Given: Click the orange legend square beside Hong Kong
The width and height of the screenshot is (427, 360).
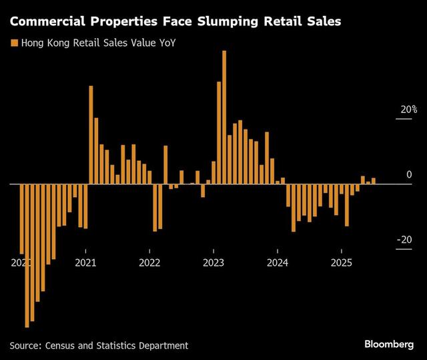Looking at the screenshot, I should [x=13, y=43].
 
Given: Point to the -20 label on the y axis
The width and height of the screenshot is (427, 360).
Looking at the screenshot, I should [x=404, y=240].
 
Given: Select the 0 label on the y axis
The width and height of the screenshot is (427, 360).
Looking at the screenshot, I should [x=410, y=175].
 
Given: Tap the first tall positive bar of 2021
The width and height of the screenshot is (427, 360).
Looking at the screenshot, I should [x=91, y=134].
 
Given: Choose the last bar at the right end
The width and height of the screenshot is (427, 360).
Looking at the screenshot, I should [x=374, y=180].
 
